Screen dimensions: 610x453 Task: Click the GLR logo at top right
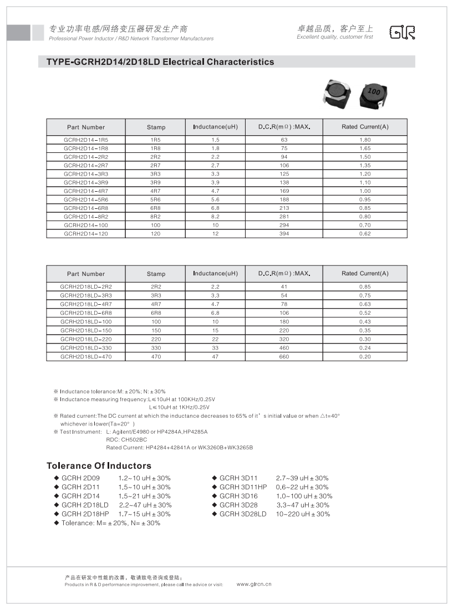click(402, 32)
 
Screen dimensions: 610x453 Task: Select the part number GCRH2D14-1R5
click(85, 140)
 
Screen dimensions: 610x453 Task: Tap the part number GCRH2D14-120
click(85, 234)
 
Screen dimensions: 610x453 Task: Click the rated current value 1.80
click(365, 140)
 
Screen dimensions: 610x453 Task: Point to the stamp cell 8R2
click(156, 217)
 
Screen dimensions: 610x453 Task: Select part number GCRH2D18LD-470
click(85, 357)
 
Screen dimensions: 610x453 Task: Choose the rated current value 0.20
click(365, 357)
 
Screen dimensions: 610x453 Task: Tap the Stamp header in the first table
click(156, 127)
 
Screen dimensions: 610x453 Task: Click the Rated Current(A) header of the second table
click(365, 274)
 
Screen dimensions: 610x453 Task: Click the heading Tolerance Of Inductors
click(99, 465)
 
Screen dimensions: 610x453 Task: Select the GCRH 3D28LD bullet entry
click(243, 514)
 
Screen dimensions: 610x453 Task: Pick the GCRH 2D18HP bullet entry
click(85, 514)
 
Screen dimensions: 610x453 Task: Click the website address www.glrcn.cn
click(254, 584)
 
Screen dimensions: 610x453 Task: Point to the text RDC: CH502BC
click(127, 439)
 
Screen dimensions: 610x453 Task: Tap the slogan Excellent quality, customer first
click(335, 37)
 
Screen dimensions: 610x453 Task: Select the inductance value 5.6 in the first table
click(215, 200)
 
